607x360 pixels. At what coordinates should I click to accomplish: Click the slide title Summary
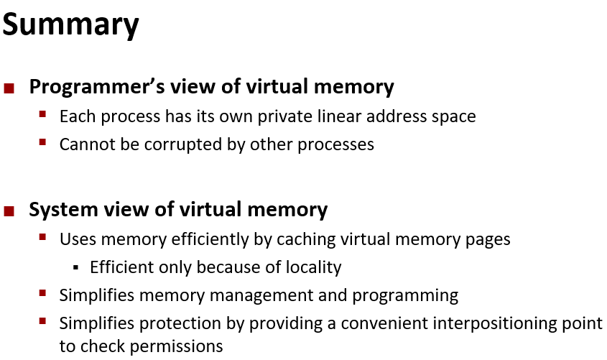pos(70,25)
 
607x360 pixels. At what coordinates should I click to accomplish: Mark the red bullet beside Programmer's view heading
pos(9,89)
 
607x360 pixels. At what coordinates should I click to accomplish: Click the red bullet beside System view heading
pos(9,211)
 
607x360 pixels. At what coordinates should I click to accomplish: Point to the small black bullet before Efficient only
pos(75,267)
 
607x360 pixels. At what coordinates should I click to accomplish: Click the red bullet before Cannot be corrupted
pos(43,142)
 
